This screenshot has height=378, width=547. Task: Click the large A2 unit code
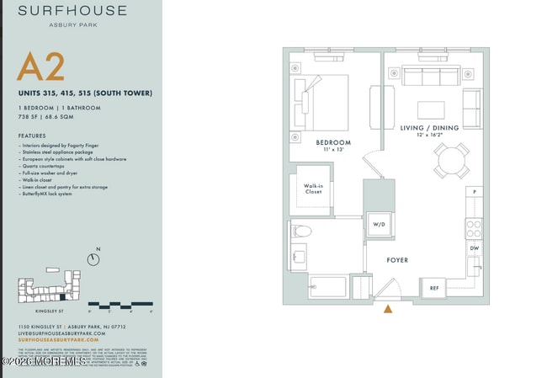[x=40, y=67]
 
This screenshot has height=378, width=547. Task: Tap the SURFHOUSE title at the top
[x=72, y=11]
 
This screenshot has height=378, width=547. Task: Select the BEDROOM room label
[x=333, y=143]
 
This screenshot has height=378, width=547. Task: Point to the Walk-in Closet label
[x=314, y=189]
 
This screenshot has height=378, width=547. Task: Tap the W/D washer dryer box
[x=379, y=225]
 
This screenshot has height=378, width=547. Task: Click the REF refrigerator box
[x=434, y=288]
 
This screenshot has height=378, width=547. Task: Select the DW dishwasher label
[x=475, y=248]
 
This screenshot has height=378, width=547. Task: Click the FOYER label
[x=397, y=260]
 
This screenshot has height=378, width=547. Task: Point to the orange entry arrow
[x=388, y=310]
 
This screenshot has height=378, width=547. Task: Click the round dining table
[x=452, y=160]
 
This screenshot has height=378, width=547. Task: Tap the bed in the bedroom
[x=320, y=102]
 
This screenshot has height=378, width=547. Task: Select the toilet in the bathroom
[x=301, y=231]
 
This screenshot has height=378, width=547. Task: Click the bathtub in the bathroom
[x=328, y=287]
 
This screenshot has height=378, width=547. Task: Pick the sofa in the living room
[x=431, y=77]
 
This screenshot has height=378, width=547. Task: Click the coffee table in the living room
[x=431, y=109]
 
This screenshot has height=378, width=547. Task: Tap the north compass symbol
[x=93, y=259]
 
